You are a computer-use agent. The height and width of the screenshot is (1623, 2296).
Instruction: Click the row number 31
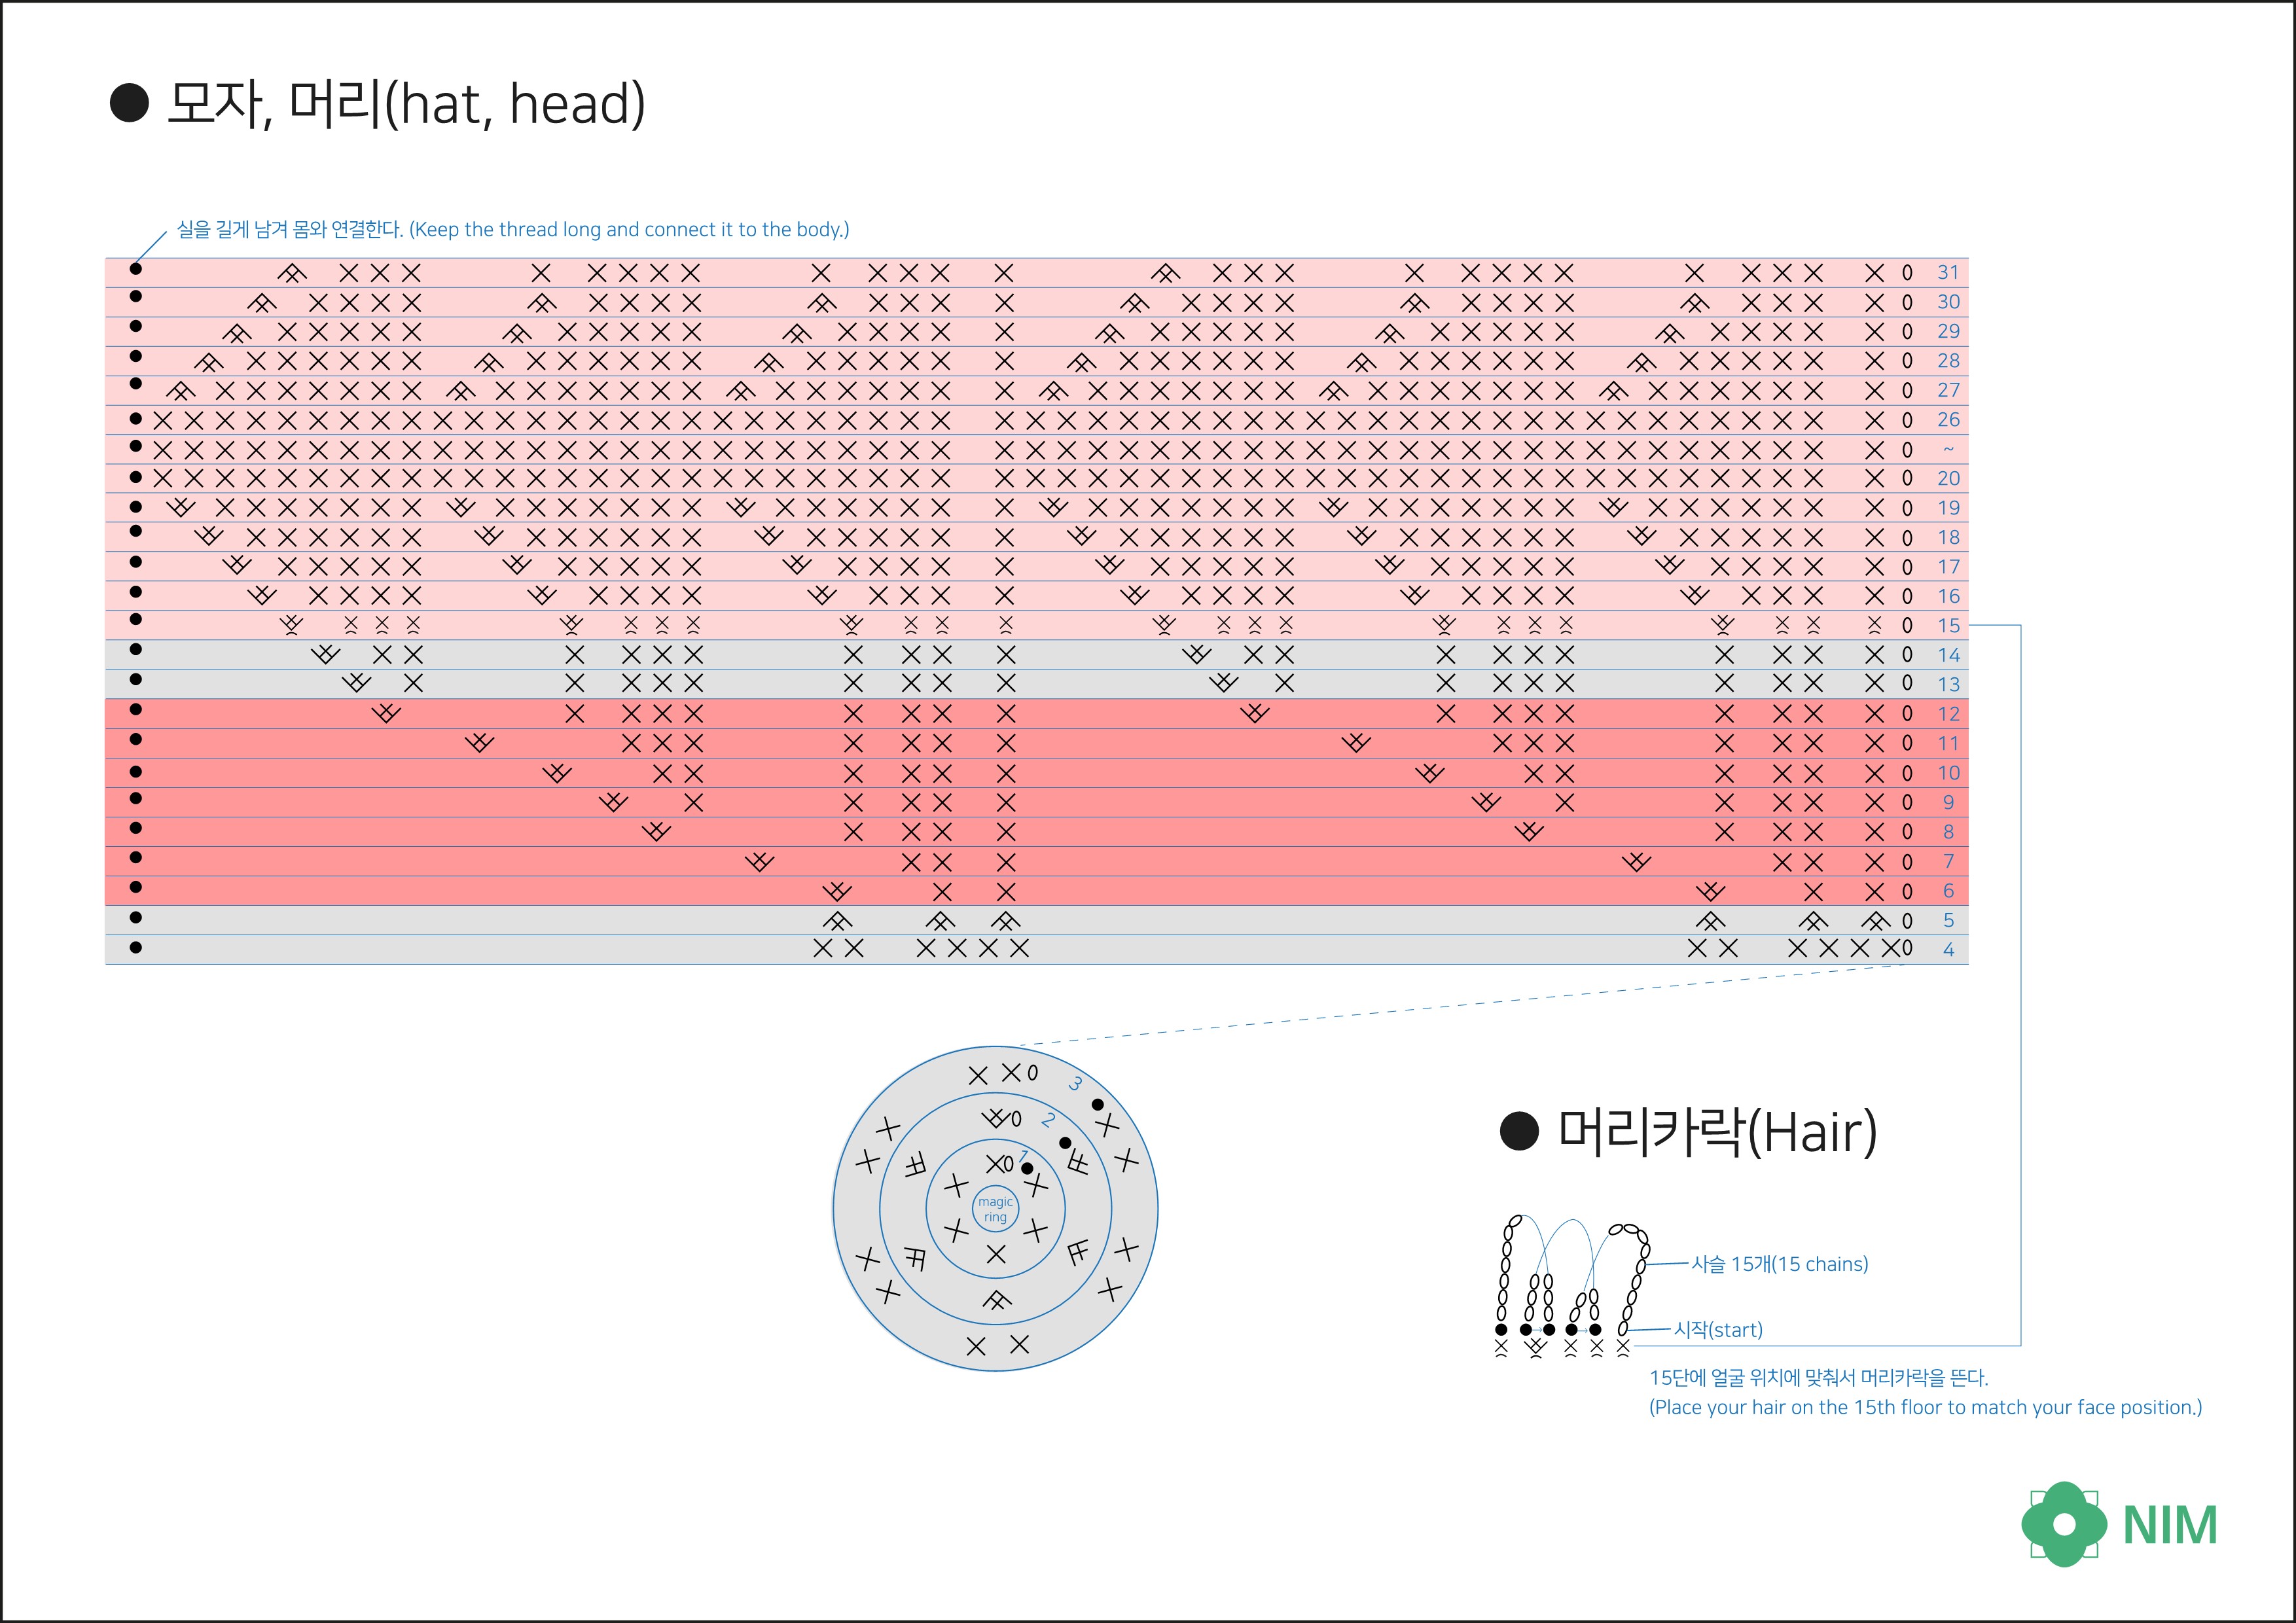coord(1948,272)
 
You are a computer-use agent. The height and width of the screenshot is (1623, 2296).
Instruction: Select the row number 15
coord(1948,625)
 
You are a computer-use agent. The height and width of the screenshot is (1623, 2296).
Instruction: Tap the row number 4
coord(1948,949)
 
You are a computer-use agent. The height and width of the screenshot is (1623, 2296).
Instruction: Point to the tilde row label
coord(1948,449)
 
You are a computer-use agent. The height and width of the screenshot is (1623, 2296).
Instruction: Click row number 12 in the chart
coord(1948,713)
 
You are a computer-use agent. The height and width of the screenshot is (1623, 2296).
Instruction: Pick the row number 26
coord(1948,419)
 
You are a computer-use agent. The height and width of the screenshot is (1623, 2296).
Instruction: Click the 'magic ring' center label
coord(995,1209)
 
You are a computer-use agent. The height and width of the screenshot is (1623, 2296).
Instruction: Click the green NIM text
coord(2170,1525)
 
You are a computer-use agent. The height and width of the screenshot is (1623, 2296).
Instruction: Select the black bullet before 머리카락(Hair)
coord(1519,1131)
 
